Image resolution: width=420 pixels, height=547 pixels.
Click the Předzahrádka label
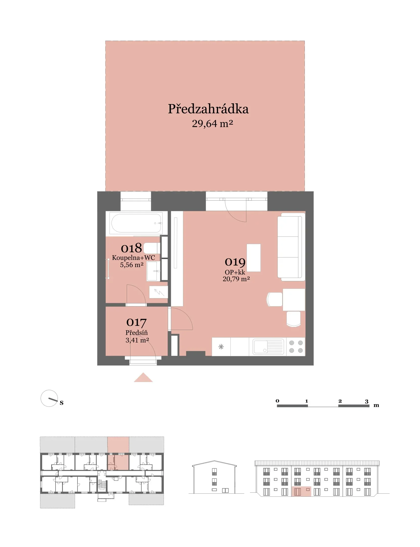click(x=208, y=109)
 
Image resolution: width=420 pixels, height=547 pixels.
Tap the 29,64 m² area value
click(x=212, y=124)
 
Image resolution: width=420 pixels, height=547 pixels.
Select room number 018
click(x=131, y=248)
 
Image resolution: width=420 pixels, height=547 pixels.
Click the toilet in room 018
click(x=152, y=248)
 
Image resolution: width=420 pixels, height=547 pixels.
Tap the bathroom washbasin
click(x=153, y=271)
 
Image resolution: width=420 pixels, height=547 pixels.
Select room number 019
click(x=235, y=262)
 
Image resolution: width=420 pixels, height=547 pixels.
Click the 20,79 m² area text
click(x=236, y=279)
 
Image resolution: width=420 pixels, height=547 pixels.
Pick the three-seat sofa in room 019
click(x=291, y=247)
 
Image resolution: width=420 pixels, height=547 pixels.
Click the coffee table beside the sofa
click(x=254, y=258)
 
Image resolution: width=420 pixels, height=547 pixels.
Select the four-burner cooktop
click(x=296, y=347)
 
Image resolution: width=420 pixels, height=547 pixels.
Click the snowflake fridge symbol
click(x=221, y=347)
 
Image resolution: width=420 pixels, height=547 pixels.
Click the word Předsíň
click(x=137, y=332)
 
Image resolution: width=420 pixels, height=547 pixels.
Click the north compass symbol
click(x=49, y=398)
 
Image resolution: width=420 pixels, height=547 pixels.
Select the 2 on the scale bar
click(x=340, y=401)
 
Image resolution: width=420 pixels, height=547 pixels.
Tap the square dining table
click(x=294, y=300)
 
